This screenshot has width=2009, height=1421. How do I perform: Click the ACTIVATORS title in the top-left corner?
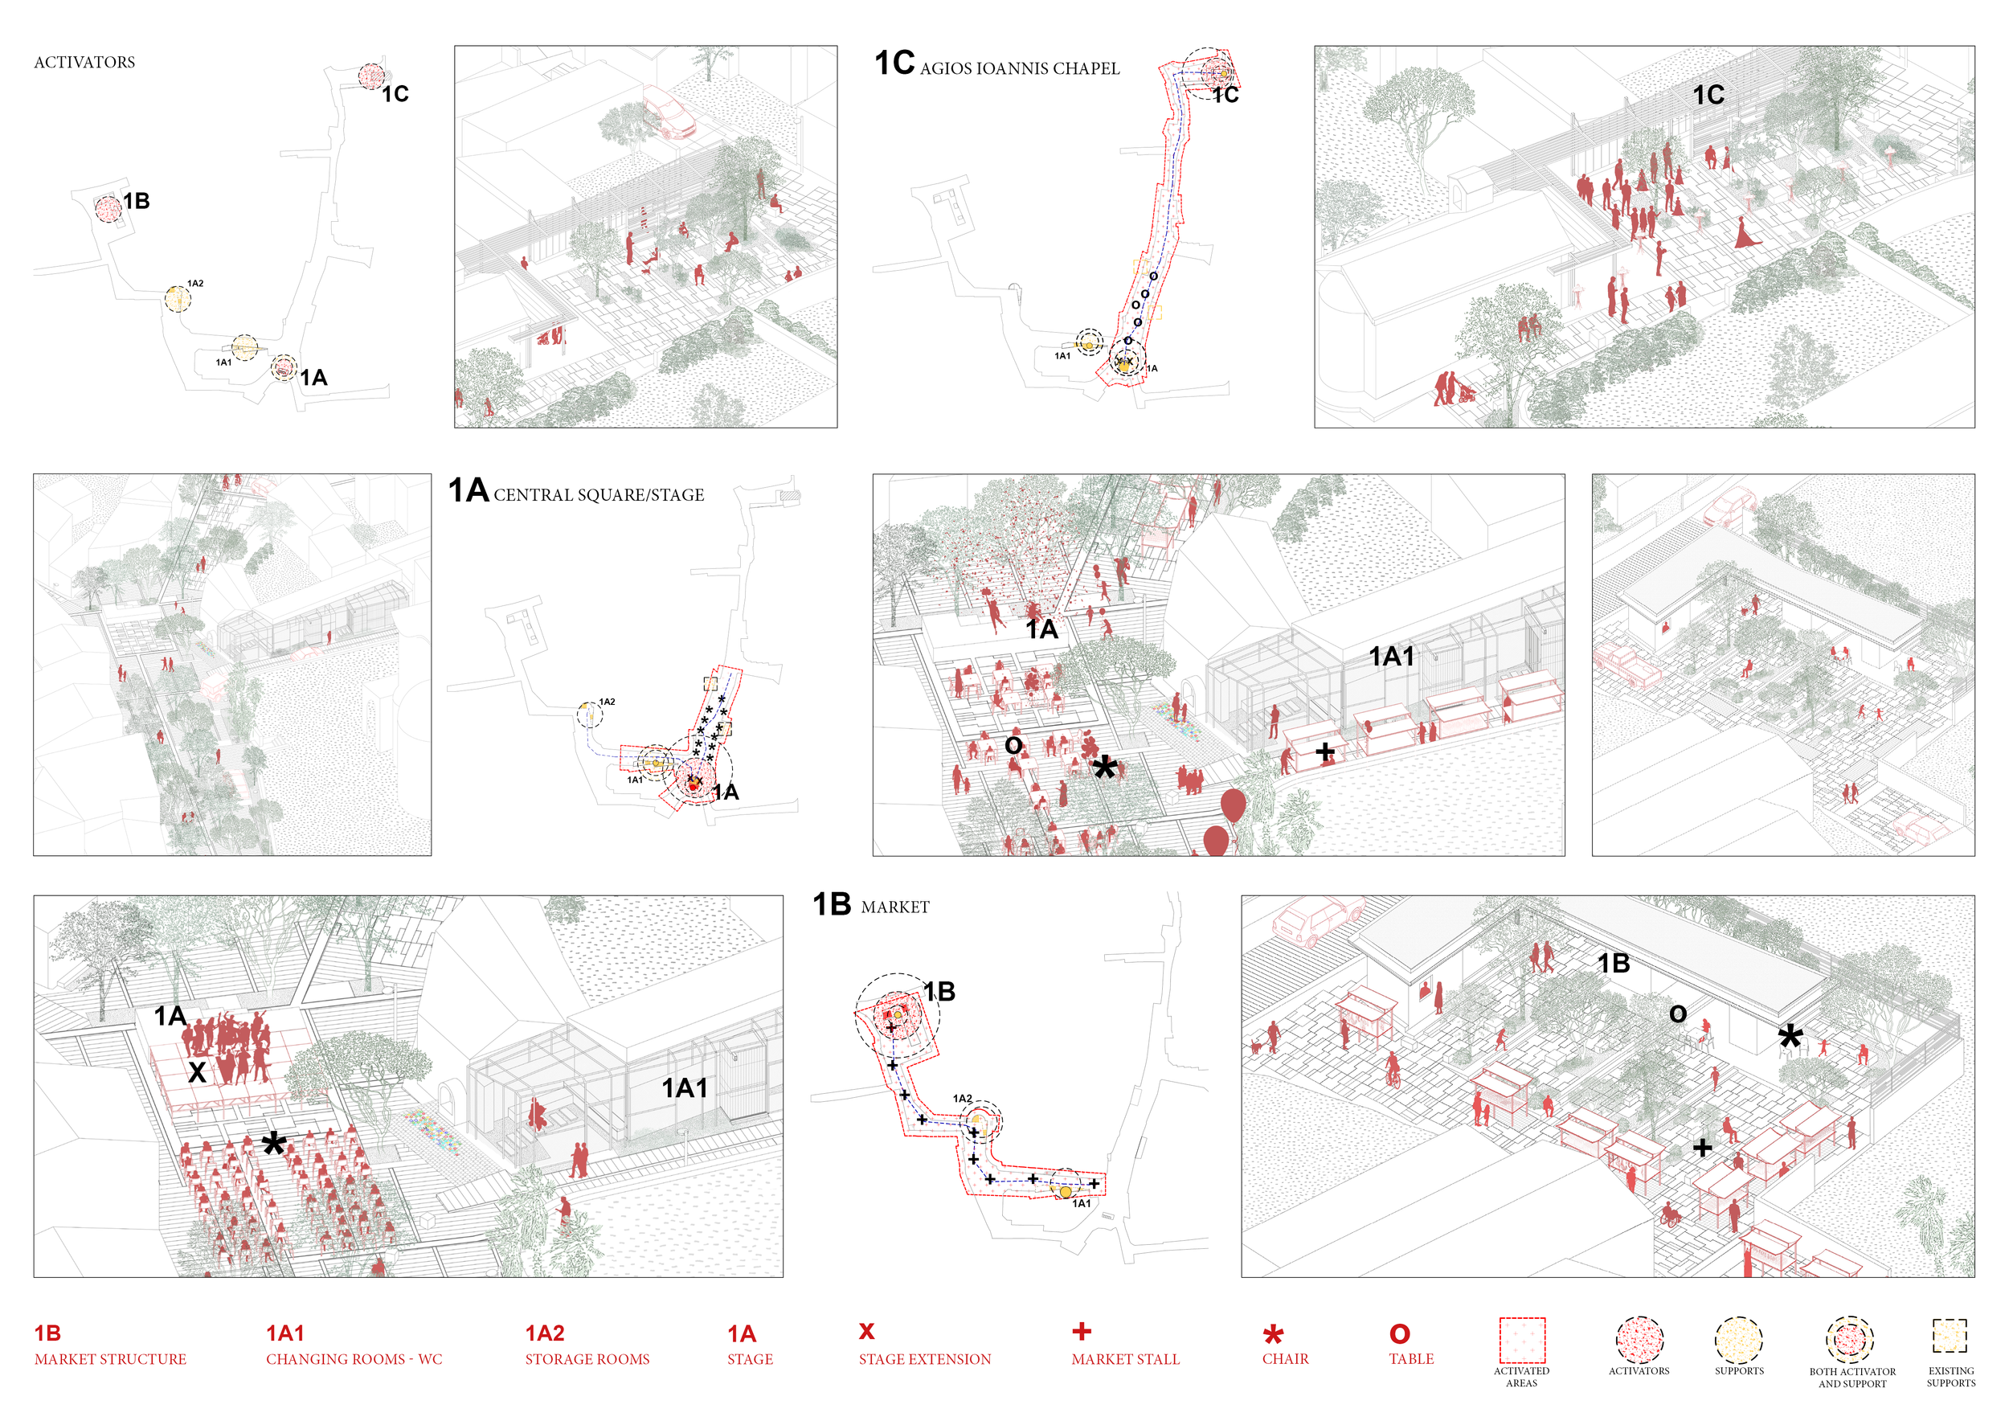coord(84,62)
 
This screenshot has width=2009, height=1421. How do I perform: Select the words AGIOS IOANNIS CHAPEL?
coord(1020,68)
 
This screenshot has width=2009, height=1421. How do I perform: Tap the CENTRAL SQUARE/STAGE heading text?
coord(599,495)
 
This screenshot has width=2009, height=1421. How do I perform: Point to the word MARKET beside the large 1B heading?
coord(895,907)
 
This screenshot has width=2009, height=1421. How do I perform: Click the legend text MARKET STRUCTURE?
coord(110,1359)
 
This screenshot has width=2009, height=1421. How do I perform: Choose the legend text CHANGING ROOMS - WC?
coord(354,1359)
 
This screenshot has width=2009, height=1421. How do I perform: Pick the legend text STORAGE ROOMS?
coord(587,1359)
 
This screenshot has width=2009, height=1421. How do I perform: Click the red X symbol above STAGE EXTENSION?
coord(866,1331)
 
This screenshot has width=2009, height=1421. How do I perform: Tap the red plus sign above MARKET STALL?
coord(1082,1331)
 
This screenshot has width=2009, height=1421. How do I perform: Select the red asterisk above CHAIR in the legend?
coord(1273,1334)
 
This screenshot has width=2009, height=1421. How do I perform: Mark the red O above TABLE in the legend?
coord(1400,1333)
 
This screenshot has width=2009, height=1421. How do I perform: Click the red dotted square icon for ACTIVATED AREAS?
coord(1522,1340)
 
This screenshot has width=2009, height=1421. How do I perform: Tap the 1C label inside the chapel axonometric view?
coord(1708,95)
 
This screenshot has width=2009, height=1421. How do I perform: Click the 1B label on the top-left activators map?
coord(136,201)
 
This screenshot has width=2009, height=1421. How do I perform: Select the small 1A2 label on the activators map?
coord(195,284)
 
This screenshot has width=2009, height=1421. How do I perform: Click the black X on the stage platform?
coord(197,1072)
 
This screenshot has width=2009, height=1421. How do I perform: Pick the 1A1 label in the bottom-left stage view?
coord(684,1087)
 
